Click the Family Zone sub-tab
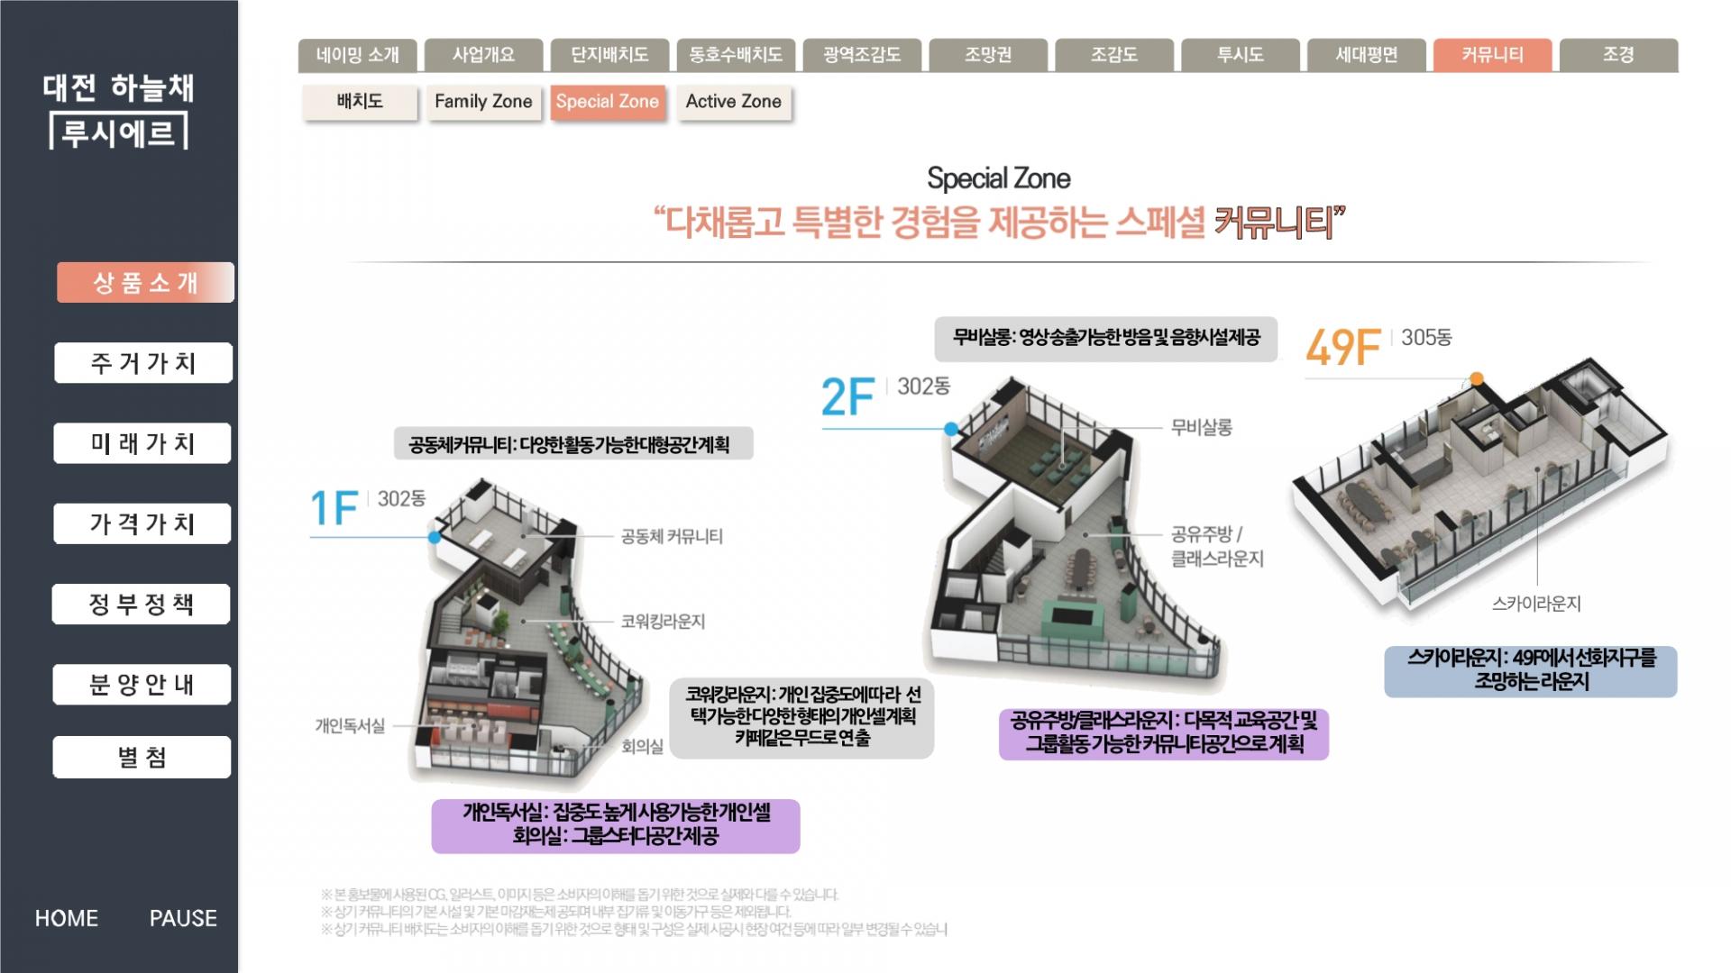483,102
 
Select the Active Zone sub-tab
733,102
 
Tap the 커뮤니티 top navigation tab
1492,55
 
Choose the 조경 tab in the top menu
1618,55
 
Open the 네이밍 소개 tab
357,55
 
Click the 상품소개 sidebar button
145,283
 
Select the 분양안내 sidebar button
142,685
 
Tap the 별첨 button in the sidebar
142,757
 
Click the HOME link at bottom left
67,918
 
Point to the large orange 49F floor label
1343,348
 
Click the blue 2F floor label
847,397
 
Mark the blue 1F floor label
334,508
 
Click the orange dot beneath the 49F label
1477,379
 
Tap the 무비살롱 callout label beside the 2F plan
1201,427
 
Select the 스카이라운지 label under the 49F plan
1536,604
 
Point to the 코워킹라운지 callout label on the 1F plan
663,622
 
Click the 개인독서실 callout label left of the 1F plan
350,726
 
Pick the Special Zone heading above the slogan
999,178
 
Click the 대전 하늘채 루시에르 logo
118,111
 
